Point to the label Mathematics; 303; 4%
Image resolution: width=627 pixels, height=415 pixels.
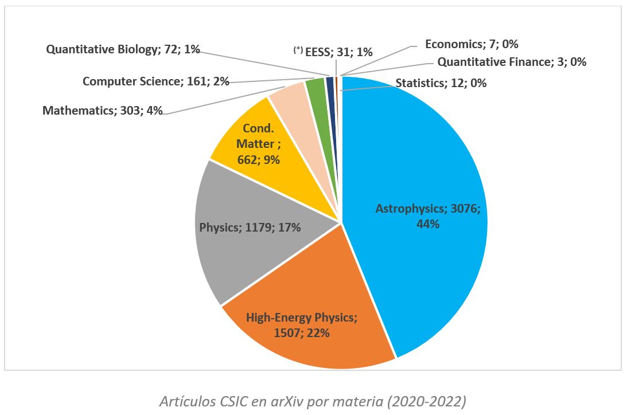pyautogui.click(x=102, y=110)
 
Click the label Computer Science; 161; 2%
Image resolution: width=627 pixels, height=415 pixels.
pyautogui.click(x=155, y=81)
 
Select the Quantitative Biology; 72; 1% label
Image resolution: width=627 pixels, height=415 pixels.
pyautogui.click(x=123, y=49)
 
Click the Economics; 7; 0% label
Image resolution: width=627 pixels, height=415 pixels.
pyautogui.click(x=472, y=44)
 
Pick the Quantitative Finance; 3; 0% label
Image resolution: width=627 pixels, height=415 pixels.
pyautogui.click(x=511, y=62)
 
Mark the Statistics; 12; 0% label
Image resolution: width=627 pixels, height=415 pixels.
pyautogui.click(x=441, y=83)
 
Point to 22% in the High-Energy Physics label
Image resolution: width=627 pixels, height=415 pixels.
pyautogui.click(x=318, y=332)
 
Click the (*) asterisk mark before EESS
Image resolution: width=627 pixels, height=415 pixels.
pyautogui.click(x=298, y=50)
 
